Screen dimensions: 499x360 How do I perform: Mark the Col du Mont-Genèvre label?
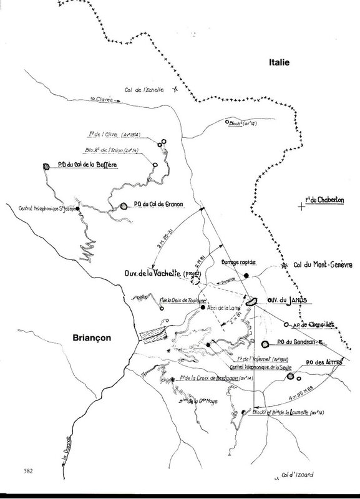tap(318, 266)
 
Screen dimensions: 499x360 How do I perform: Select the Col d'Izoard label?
tap(296, 475)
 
